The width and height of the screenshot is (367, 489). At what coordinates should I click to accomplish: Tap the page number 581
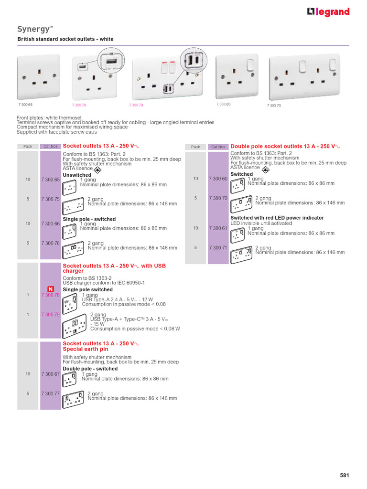click(x=345, y=475)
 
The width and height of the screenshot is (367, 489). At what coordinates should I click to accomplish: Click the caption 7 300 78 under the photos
click(x=79, y=105)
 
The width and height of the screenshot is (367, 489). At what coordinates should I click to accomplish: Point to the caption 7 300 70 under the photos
click(x=273, y=105)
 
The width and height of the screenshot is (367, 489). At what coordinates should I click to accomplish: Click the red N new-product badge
click(x=50, y=289)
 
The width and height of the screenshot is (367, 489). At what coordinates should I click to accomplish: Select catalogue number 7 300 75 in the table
click(x=50, y=199)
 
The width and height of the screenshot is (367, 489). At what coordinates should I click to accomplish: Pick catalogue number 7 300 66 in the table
click(x=50, y=223)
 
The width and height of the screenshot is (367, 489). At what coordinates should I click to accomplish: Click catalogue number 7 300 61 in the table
click(x=218, y=228)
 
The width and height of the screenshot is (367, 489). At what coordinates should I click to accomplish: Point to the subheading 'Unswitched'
click(x=77, y=175)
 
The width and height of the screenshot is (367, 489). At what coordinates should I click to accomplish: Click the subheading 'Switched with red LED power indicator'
click(x=277, y=218)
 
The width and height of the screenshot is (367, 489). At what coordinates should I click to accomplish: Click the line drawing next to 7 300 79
click(x=76, y=325)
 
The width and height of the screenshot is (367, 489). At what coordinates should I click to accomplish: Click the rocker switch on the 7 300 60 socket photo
click(x=249, y=65)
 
